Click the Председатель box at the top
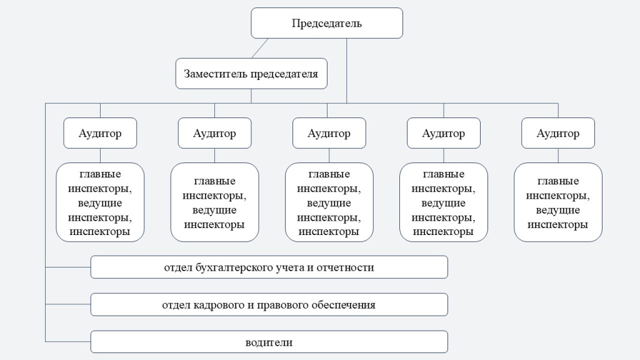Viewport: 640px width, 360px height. pyautogui.click(x=327, y=23)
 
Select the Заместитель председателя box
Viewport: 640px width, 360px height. pyautogui.click(x=251, y=74)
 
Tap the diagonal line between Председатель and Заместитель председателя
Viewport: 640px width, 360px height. pyautogui.click(x=259, y=49)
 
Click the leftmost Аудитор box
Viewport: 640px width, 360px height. pyautogui.click(x=100, y=133)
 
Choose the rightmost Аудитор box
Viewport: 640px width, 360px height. pyautogui.click(x=558, y=133)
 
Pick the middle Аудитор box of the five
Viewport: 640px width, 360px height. pyautogui.click(x=329, y=133)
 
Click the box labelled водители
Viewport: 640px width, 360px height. pyautogui.click(x=269, y=342)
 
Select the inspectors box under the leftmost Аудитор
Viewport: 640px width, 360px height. pyautogui.click(x=100, y=202)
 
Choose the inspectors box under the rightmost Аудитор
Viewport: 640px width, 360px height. pyautogui.click(x=558, y=202)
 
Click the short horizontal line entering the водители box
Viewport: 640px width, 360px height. pyautogui.click(x=68, y=342)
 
